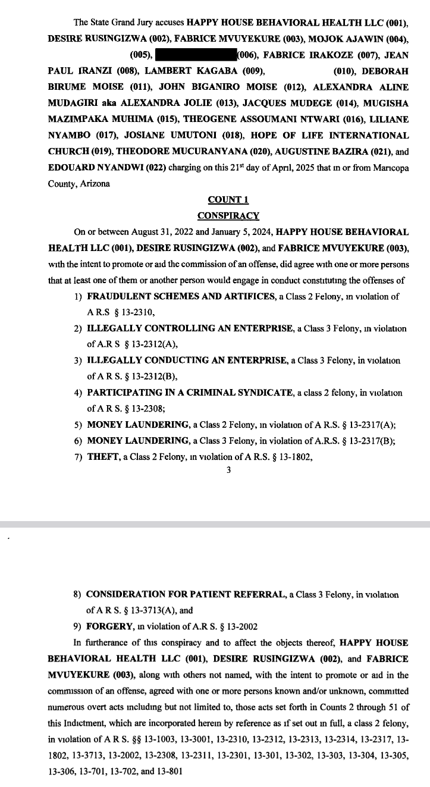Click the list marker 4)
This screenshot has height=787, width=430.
pyautogui.click(x=78, y=393)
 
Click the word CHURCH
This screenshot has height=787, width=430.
pyautogui.click(x=70, y=152)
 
